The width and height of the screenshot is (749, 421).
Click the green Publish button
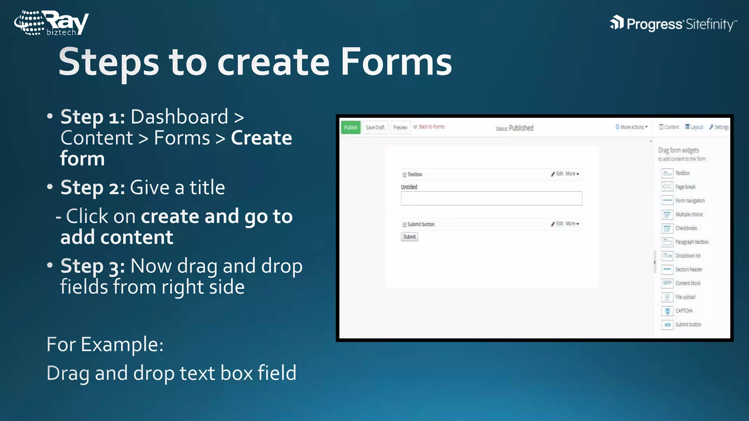click(351, 128)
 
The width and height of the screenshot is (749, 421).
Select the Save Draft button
click(375, 128)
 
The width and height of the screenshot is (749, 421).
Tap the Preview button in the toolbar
click(400, 128)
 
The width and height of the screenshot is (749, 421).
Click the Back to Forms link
click(432, 127)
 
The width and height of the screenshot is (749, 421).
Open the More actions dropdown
click(632, 127)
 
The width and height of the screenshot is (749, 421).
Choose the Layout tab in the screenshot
click(694, 127)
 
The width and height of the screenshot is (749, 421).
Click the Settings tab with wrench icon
click(719, 127)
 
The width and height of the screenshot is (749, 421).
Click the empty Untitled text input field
click(491, 198)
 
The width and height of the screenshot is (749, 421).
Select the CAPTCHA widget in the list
click(684, 311)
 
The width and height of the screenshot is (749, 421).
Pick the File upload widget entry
click(685, 297)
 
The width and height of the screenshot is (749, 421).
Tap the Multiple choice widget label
click(689, 215)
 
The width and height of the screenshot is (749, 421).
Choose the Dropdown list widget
click(688, 256)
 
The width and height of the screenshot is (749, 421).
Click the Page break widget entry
click(685, 187)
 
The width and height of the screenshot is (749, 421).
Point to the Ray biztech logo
click(52, 23)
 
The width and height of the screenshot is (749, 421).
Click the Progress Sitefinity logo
click(673, 24)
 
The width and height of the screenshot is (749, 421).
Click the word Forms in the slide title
click(396, 62)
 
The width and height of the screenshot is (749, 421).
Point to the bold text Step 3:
click(93, 266)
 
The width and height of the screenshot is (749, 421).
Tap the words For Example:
click(105, 344)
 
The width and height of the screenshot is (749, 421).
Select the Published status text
click(521, 128)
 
